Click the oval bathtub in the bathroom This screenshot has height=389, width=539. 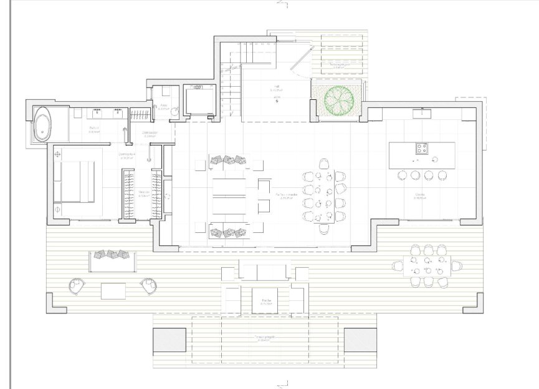43,124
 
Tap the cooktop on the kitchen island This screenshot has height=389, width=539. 422,148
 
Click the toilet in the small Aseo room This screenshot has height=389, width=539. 175,111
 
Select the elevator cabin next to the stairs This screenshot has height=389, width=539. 199,102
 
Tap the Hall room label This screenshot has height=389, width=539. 275,89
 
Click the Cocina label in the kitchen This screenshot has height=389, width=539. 420,195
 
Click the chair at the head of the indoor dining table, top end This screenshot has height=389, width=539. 324,164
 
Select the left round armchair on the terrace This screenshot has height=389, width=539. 77,285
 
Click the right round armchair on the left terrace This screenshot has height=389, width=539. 150,285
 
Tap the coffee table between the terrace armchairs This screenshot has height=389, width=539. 114,290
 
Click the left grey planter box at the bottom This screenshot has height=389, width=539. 169,341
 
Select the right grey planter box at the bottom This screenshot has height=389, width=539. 360,341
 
